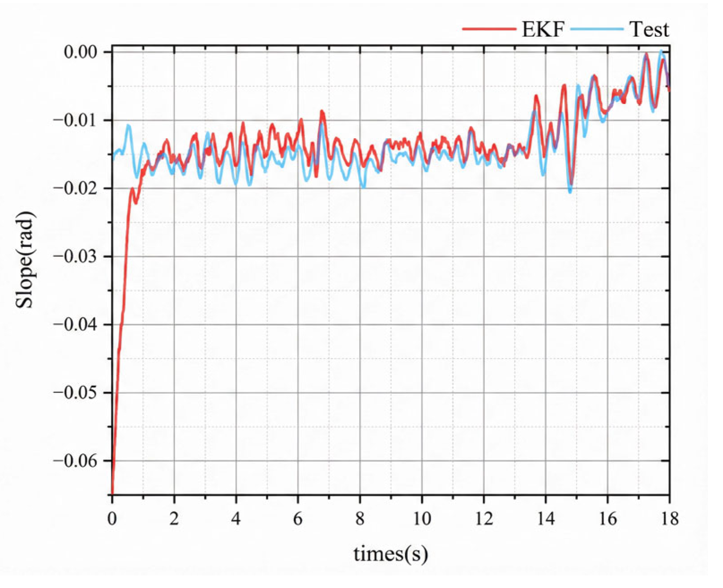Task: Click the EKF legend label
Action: coord(543,30)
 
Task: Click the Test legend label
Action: coord(649,30)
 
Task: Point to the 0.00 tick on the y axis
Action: coord(81,52)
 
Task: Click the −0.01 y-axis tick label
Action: coord(75,120)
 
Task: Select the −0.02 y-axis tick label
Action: coord(75,188)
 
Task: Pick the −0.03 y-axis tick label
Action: coord(75,256)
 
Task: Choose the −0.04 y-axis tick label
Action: coord(75,324)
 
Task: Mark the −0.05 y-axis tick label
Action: coord(75,392)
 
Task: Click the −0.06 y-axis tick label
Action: coord(75,460)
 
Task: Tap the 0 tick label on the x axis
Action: coord(112,519)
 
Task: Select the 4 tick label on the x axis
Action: coord(236,519)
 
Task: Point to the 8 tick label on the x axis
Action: coord(360,519)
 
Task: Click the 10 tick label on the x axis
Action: coord(422,519)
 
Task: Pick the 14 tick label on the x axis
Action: coord(546,519)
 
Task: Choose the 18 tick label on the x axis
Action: coord(669,519)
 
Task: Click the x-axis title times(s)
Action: coord(390,554)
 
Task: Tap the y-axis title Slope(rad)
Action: coord(25,260)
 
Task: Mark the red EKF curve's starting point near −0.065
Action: coord(112,492)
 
